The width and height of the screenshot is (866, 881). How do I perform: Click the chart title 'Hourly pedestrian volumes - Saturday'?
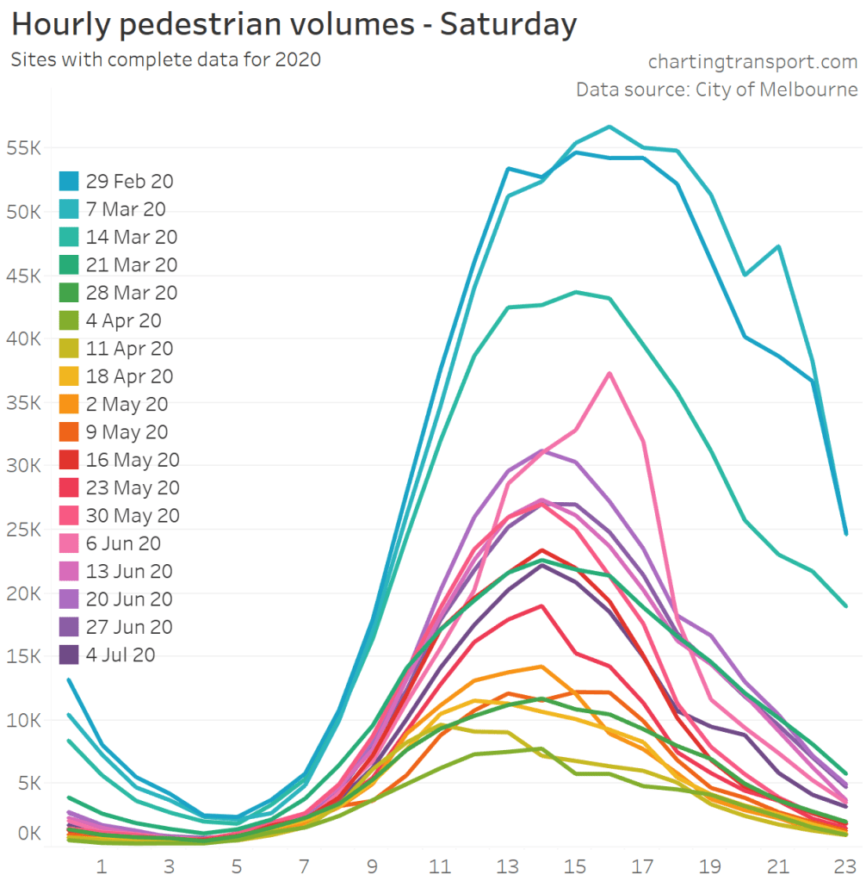tap(294, 25)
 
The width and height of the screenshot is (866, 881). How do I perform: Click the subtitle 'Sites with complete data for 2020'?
tap(165, 60)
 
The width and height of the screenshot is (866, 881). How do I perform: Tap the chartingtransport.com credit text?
tap(752, 62)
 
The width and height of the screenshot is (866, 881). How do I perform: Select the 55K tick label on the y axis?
tap(22, 148)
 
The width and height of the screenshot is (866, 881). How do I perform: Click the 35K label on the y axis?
tap(22, 402)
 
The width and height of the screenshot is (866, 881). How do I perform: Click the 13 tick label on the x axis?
tap(508, 865)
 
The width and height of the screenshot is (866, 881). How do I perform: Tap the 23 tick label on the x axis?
tap(845, 865)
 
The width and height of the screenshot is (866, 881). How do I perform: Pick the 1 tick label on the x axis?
tap(102, 865)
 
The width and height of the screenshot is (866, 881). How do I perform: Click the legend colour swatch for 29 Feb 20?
tap(70, 181)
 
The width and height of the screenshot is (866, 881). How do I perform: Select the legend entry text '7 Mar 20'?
tap(126, 209)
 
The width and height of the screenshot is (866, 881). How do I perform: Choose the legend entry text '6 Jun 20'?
tap(123, 543)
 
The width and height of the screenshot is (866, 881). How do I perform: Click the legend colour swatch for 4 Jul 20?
tap(70, 655)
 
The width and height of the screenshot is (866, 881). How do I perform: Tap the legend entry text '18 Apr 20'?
tap(129, 376)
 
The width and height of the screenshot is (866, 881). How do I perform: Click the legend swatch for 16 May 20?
tap(70, 460)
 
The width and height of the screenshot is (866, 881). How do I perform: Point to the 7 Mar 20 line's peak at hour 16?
tap(609, 127)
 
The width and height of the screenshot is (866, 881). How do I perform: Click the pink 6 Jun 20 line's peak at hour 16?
tap(609, 373)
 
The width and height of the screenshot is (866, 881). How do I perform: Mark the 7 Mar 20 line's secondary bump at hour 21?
tap(778, 246)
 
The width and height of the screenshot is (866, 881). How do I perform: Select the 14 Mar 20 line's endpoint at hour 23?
tap(845, 605)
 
